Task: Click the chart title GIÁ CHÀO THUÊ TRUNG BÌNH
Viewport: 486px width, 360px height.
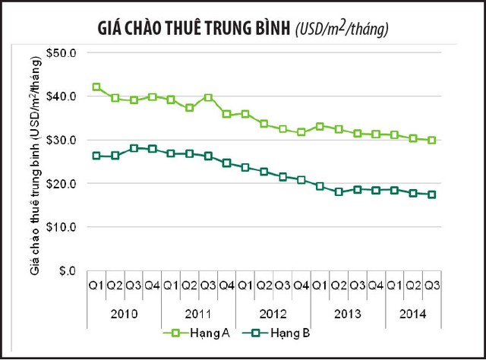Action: tap(194, 30)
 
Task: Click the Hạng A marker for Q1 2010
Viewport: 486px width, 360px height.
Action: tap(96, 87)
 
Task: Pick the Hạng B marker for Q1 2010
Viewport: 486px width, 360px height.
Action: tap(96, 156)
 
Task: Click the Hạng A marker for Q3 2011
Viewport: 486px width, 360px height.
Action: tap(208, 98)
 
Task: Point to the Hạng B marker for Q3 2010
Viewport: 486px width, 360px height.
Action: tap(134, 148)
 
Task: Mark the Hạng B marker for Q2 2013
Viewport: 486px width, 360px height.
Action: tap(339, 192)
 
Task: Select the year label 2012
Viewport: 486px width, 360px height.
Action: tap(273, 314)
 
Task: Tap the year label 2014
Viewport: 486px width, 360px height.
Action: tap(413, 314)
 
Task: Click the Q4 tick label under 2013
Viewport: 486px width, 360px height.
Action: tap(376, 286)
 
